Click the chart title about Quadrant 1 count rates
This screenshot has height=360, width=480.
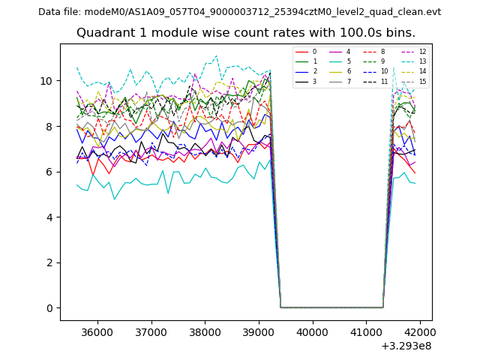coord(246,33)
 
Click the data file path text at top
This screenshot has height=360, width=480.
coord(239,12)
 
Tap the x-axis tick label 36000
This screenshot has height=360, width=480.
coord(97,332)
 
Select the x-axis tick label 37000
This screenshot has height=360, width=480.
coord(151,332)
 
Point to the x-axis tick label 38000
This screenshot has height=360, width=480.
coord(205,332)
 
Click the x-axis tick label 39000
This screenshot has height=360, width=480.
coord(259,332)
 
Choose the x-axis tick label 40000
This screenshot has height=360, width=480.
coord(312,332)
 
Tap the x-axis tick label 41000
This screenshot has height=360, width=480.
coord(366,332)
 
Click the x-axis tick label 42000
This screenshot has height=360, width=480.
coord(419,332)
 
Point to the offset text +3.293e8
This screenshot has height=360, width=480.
coord(406,346)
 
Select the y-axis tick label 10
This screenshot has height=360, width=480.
coord(46,81)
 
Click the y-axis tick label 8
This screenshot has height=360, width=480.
coord(49,127)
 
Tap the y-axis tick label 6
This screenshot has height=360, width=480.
coord(49,172)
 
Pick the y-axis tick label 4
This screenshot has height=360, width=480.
coord(49,217)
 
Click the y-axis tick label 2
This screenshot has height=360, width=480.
coord(49,262)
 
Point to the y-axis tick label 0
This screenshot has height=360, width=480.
coord(49,308)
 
